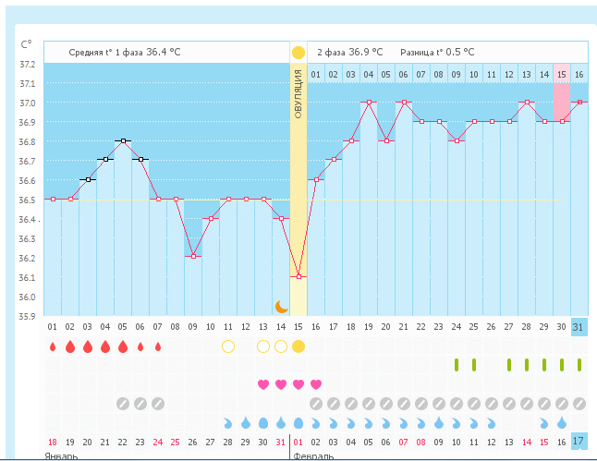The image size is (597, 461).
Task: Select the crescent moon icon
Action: pos(283,306)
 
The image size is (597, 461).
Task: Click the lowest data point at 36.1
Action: pos(298,276)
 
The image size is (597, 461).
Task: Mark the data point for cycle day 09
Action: pos(193,256)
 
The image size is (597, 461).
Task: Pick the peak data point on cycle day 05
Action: pos(123,140)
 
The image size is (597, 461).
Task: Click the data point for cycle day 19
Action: pos(369,102)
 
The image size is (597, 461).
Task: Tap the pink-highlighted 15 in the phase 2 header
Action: pos(561,74)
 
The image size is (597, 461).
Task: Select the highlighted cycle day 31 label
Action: pos(579,327)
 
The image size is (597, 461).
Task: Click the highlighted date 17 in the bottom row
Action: pos(579,442)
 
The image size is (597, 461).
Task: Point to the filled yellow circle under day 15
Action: pos(298,346)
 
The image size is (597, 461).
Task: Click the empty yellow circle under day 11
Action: pos(228,346)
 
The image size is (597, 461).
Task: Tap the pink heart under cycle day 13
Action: pos(263,384)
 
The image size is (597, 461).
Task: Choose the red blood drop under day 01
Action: pos(53,347)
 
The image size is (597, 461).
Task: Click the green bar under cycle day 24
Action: pos(457,365)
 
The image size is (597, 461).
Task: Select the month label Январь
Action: pos(61,456)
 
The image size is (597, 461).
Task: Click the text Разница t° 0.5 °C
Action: pos(437,53)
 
